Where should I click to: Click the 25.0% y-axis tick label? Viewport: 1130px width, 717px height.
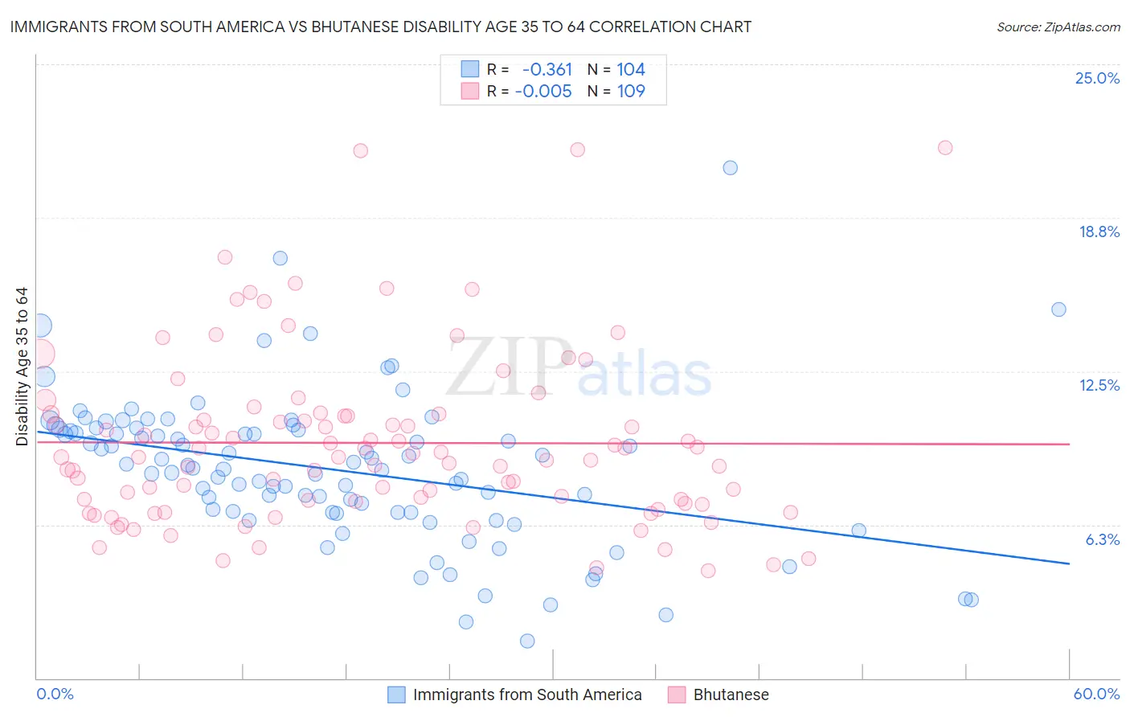(1097, 78)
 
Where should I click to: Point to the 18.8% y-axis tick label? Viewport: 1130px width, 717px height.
(1099, 231)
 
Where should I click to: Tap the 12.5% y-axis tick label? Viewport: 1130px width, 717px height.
(1099, 385)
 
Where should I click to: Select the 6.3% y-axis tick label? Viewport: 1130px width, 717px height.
(1102, 539)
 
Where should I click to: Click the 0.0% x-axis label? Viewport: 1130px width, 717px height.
(55, 694)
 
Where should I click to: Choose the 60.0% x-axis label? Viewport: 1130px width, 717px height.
(1096, 694)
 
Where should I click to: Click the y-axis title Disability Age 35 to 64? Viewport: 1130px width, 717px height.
(22, 367)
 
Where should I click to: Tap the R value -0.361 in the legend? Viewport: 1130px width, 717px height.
(547, 69)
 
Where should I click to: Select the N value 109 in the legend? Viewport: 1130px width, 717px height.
(631, 91)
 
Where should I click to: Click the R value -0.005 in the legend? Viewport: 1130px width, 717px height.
(543, 91)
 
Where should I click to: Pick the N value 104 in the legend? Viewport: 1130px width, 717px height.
(631, 69)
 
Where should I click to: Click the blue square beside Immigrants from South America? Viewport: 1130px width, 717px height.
(396, 694)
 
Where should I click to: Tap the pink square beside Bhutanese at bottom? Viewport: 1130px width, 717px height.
(677, 694)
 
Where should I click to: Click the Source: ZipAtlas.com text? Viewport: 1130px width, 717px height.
(1058, 27)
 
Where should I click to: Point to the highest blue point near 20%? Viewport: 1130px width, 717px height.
(730, 168)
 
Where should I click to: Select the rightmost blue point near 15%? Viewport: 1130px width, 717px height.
(1058, 309)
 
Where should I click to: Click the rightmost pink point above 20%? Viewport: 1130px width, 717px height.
(945, 148)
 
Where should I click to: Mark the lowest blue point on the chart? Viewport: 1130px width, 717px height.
(527, 641)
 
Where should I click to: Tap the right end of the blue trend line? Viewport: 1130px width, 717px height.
(1069, 563)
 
